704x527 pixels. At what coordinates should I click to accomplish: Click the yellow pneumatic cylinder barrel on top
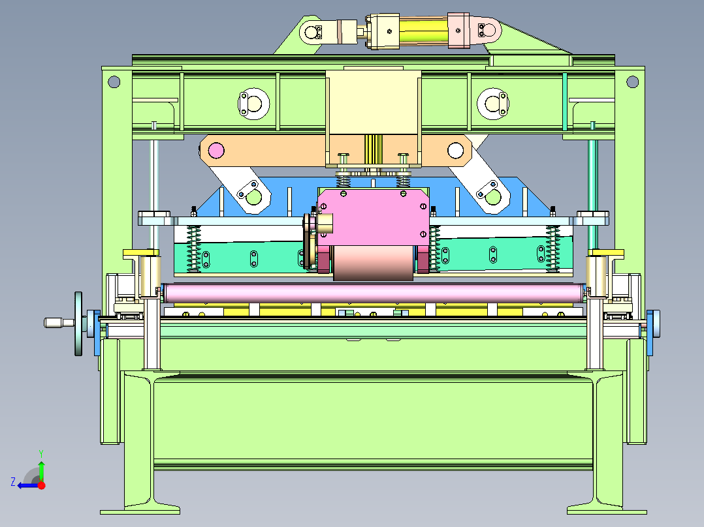coord(423,31)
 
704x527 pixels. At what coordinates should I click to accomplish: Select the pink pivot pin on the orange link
coord(216,150)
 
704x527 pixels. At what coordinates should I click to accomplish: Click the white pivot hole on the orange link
coord(455,150)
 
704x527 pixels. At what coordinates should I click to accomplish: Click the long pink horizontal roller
coord(375,293)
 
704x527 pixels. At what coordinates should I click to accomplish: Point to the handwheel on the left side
coord(78,324)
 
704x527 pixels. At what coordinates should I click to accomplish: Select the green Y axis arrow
coord(41,466)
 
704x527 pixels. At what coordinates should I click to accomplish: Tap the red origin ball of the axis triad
coord(42,485)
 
